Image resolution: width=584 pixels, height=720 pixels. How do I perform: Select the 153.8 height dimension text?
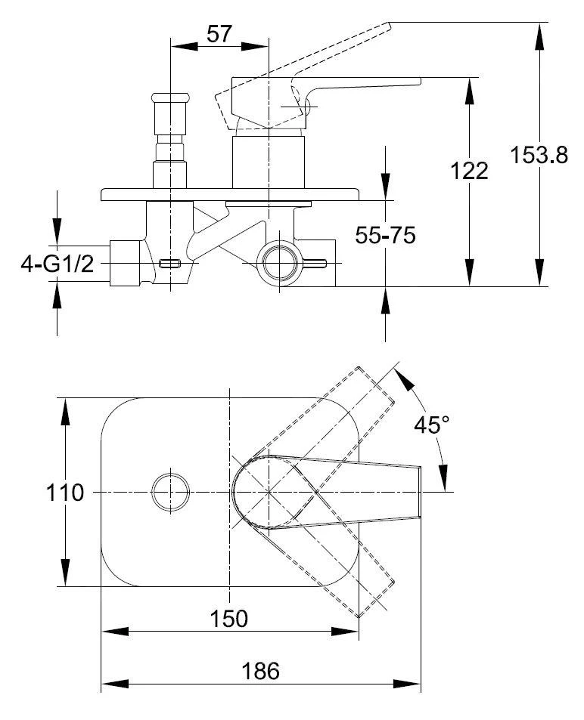coord(539,155)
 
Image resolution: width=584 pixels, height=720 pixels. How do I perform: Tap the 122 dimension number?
coord(469,171)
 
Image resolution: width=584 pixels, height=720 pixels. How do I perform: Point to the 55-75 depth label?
coord(385,235)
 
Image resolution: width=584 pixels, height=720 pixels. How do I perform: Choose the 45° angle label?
coord(431,425)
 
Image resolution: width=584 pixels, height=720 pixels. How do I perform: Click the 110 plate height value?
coord(65,493)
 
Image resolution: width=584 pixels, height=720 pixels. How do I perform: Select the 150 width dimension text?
coord(228,619)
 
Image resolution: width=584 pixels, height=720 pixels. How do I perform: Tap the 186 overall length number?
coord(260,671)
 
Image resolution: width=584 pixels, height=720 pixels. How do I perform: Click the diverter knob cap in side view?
coord(170,97)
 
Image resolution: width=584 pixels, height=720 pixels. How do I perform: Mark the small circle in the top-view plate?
coord(171,493)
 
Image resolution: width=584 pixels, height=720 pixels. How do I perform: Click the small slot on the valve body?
coord(169,264)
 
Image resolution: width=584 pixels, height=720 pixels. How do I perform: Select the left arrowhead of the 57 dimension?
coord(184,46)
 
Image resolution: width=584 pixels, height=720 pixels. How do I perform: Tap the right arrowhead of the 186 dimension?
coord(407,684)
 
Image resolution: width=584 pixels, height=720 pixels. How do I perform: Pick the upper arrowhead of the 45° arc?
coord(404,381)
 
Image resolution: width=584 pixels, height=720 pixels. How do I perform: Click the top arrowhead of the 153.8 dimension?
coord(540,36)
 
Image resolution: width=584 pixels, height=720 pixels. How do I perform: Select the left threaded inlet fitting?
coord(125,263)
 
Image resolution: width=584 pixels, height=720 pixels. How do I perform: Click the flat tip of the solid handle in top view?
coord(421,492)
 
